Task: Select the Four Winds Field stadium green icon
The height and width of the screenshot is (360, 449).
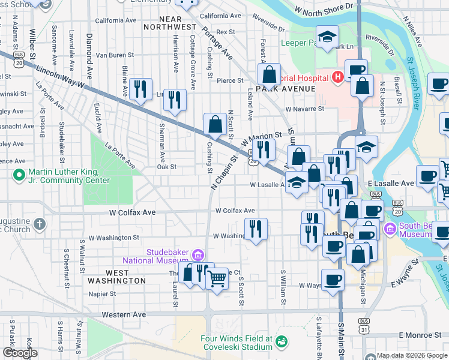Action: pyautogui.click(x=280, y=341)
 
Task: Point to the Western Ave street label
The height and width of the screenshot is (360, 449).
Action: pyautogui.click(x=124, y=314)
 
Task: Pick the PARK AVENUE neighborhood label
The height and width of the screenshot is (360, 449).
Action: pyautogui.click(x=285, y=89)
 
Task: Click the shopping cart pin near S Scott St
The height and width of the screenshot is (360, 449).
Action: pyautogui.click(x=217, y=277)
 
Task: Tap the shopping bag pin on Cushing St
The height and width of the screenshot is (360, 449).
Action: pyautogui.click(x=215, y=124)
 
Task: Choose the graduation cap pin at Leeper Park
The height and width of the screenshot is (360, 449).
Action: pyautogui.click(x=327, y=37)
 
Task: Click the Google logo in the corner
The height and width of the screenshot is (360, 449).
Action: pyautogui.click(x=20, y=353)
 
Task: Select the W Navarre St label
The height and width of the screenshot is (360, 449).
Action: pyautogui.click(x=304, y=109)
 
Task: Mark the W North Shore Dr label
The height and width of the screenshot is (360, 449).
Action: pyautogui.click(x=324, y=8)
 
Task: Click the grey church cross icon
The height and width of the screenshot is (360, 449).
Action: pyautogui.click(x=40, y=224)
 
